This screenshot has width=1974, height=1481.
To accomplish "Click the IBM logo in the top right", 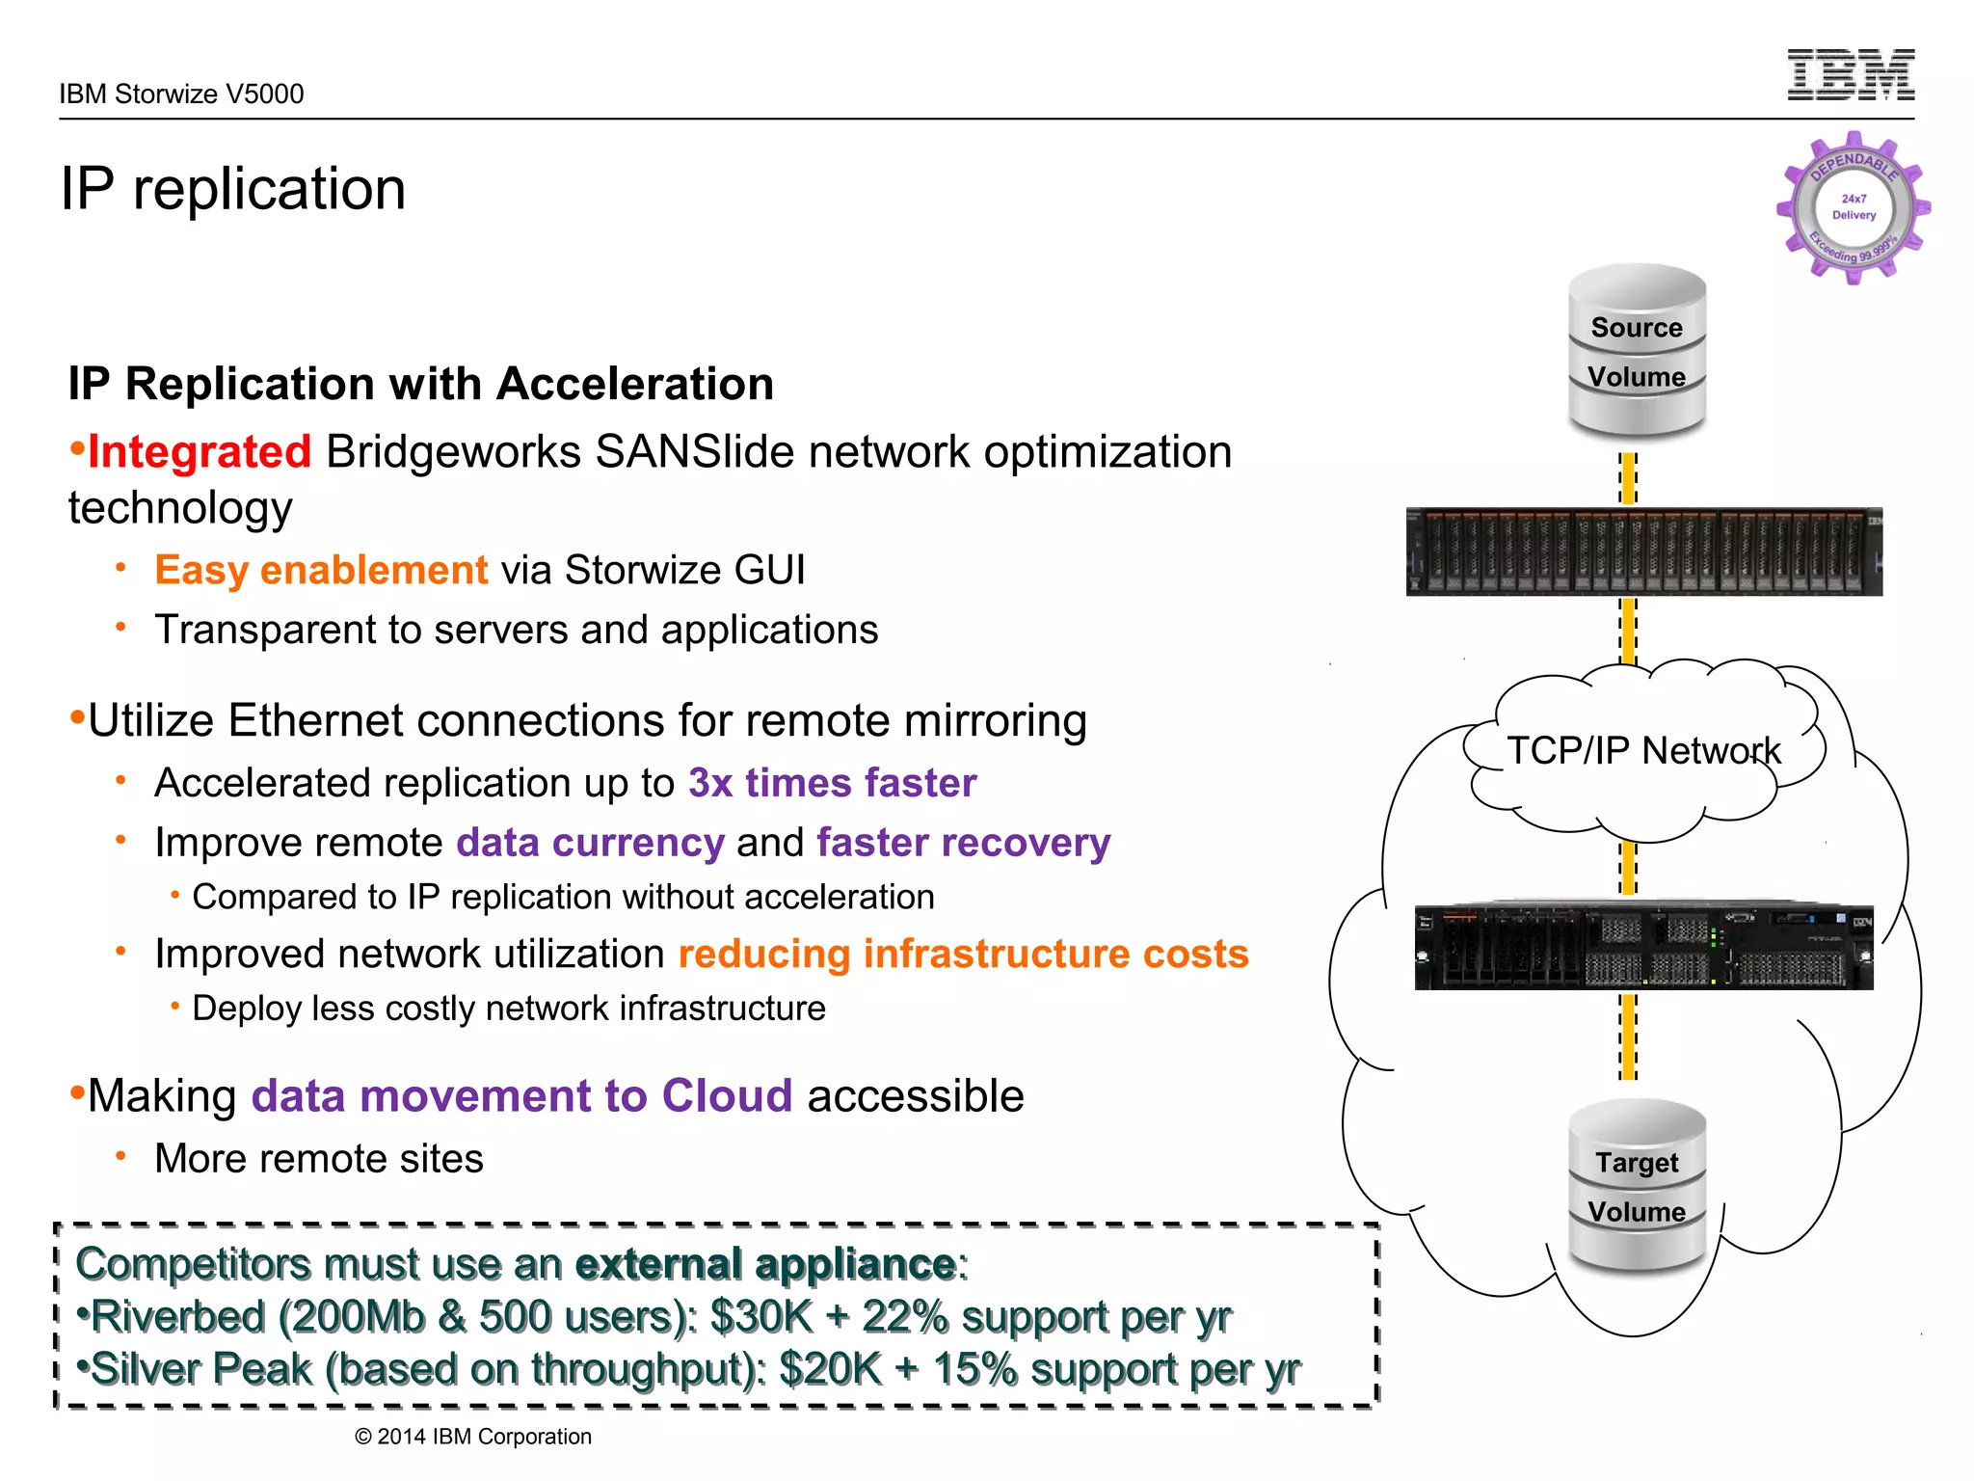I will click(1851, 75).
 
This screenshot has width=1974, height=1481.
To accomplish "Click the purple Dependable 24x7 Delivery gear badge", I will click(1853, 208).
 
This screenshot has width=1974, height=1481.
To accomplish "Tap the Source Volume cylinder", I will click(1637, 352).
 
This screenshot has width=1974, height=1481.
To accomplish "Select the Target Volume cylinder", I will click(1637, 1186).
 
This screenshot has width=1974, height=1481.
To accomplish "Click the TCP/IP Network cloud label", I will click(1643, 750).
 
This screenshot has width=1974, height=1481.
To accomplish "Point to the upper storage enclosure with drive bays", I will click(1643, 552).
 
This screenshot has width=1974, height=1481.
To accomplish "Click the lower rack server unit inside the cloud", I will click(1643, 947).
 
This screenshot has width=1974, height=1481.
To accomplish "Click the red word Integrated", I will click(199, 452).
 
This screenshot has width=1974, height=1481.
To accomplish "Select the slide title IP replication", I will click(233, 188).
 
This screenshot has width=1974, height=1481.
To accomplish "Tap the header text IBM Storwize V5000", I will click(181, 94).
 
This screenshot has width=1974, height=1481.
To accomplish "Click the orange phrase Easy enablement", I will click(321, 570).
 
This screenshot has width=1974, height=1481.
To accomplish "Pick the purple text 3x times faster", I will click(832, 783).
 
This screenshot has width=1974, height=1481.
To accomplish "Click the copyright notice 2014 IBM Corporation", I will click(473, 1437).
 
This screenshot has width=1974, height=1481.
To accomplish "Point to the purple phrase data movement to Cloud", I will click(521, 1096).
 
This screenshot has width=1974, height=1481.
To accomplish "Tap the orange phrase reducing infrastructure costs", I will click(963, 954).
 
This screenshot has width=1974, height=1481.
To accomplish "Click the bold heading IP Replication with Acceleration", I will click(420, 384).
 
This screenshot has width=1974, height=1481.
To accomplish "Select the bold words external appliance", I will click(766, 1264).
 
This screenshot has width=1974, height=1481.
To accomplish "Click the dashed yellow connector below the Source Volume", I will click(1628, 478).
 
